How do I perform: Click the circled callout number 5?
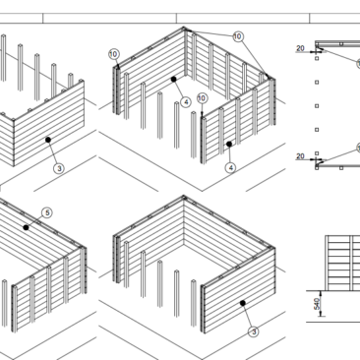point(47,212)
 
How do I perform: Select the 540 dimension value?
point(317,304)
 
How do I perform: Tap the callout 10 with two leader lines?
point(238,36)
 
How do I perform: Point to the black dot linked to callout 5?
point(26,227)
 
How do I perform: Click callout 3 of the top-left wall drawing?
point(59,168)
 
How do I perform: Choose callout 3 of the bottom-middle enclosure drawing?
point(254,331)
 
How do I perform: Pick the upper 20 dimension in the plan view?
point(300,48)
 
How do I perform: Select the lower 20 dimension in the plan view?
point(300,156)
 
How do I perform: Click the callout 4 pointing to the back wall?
point(186,102)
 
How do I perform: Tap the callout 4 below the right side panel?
point(230,168)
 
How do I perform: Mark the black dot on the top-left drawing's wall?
point(48,140)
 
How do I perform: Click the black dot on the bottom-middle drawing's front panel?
point(243,303)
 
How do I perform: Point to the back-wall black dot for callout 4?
point(174,80)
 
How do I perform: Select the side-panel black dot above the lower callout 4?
point(229,144)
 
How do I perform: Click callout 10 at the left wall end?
point(114,54)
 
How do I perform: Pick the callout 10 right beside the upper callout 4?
point(202,98)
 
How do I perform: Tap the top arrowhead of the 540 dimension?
point(321,293)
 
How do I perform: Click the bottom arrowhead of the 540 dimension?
point(321,314)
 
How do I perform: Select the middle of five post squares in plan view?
point(317,106)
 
